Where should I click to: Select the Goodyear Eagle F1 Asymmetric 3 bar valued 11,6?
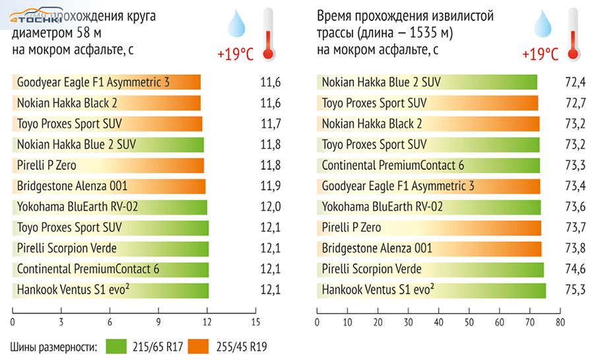click(x=106, y=83)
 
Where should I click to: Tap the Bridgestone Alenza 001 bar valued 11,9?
click(x=109, y=186)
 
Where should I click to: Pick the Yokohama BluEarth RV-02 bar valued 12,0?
click(x=110, y=207)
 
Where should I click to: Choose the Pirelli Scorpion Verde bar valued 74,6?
click(x=430, y=270)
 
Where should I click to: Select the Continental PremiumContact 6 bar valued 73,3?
click(x=428, y=165)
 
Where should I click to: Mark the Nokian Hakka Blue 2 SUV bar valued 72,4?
click(x=426, y=83)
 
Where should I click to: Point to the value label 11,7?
click(x=271, y=124)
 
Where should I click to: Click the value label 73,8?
click(x=572, y=248)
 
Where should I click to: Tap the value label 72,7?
click(x=572, y=104)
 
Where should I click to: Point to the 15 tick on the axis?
click(x=256, y=322)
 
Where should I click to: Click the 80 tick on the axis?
click(x=560, y=322)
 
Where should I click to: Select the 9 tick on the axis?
click(x=159, y=322)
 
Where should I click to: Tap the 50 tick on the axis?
click(x=469, y=322)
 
